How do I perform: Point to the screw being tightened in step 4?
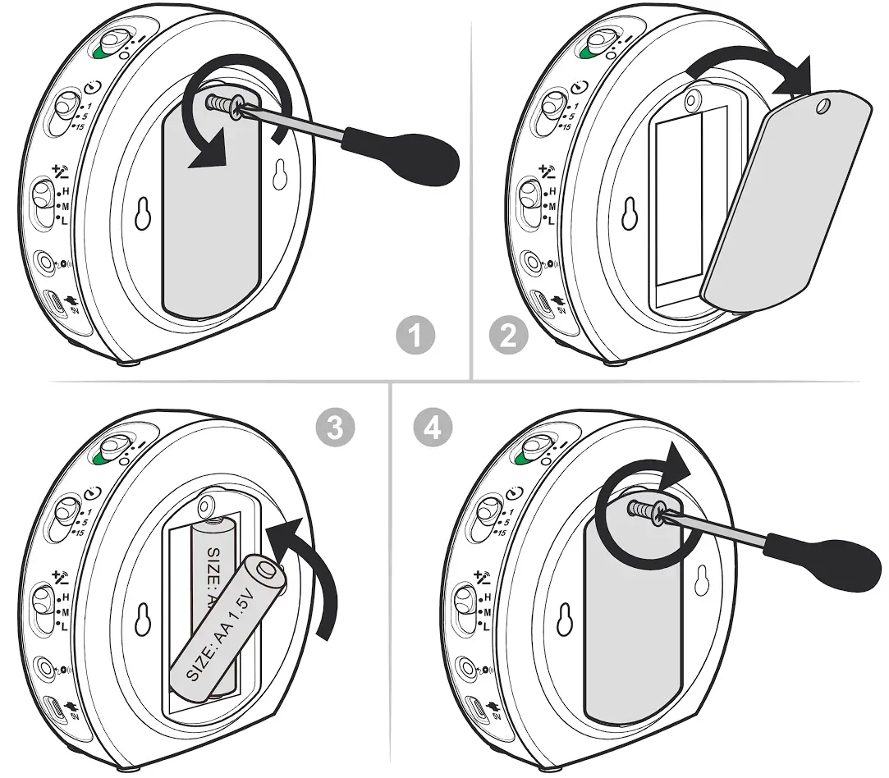coord(646,511)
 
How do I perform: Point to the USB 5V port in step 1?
coord(56,304)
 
